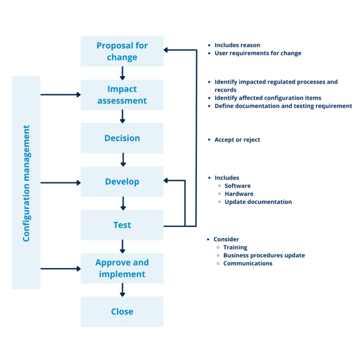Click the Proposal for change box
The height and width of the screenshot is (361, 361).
122,51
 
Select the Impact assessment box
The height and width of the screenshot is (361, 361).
122,94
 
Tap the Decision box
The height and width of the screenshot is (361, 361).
122,138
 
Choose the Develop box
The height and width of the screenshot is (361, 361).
122,181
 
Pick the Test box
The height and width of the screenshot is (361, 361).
122,225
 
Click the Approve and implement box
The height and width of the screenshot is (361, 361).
122,268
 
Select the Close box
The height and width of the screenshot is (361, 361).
122,312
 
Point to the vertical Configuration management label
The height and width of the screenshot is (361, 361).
26,183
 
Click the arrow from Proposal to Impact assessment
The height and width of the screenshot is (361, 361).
122,73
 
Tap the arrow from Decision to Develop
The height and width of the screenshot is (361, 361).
123,160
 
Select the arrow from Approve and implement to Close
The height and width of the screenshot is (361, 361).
122,290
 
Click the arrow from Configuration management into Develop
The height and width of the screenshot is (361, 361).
61,182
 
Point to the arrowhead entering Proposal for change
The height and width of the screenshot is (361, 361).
166,49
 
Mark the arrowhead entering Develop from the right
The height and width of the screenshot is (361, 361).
166,180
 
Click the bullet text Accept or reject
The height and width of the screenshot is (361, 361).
237,140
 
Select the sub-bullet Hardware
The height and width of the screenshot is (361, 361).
239,194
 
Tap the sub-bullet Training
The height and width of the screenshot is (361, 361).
235,247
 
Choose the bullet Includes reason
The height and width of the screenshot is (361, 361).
237,45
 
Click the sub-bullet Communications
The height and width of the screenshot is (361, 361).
248,263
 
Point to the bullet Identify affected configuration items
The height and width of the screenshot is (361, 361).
268,98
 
